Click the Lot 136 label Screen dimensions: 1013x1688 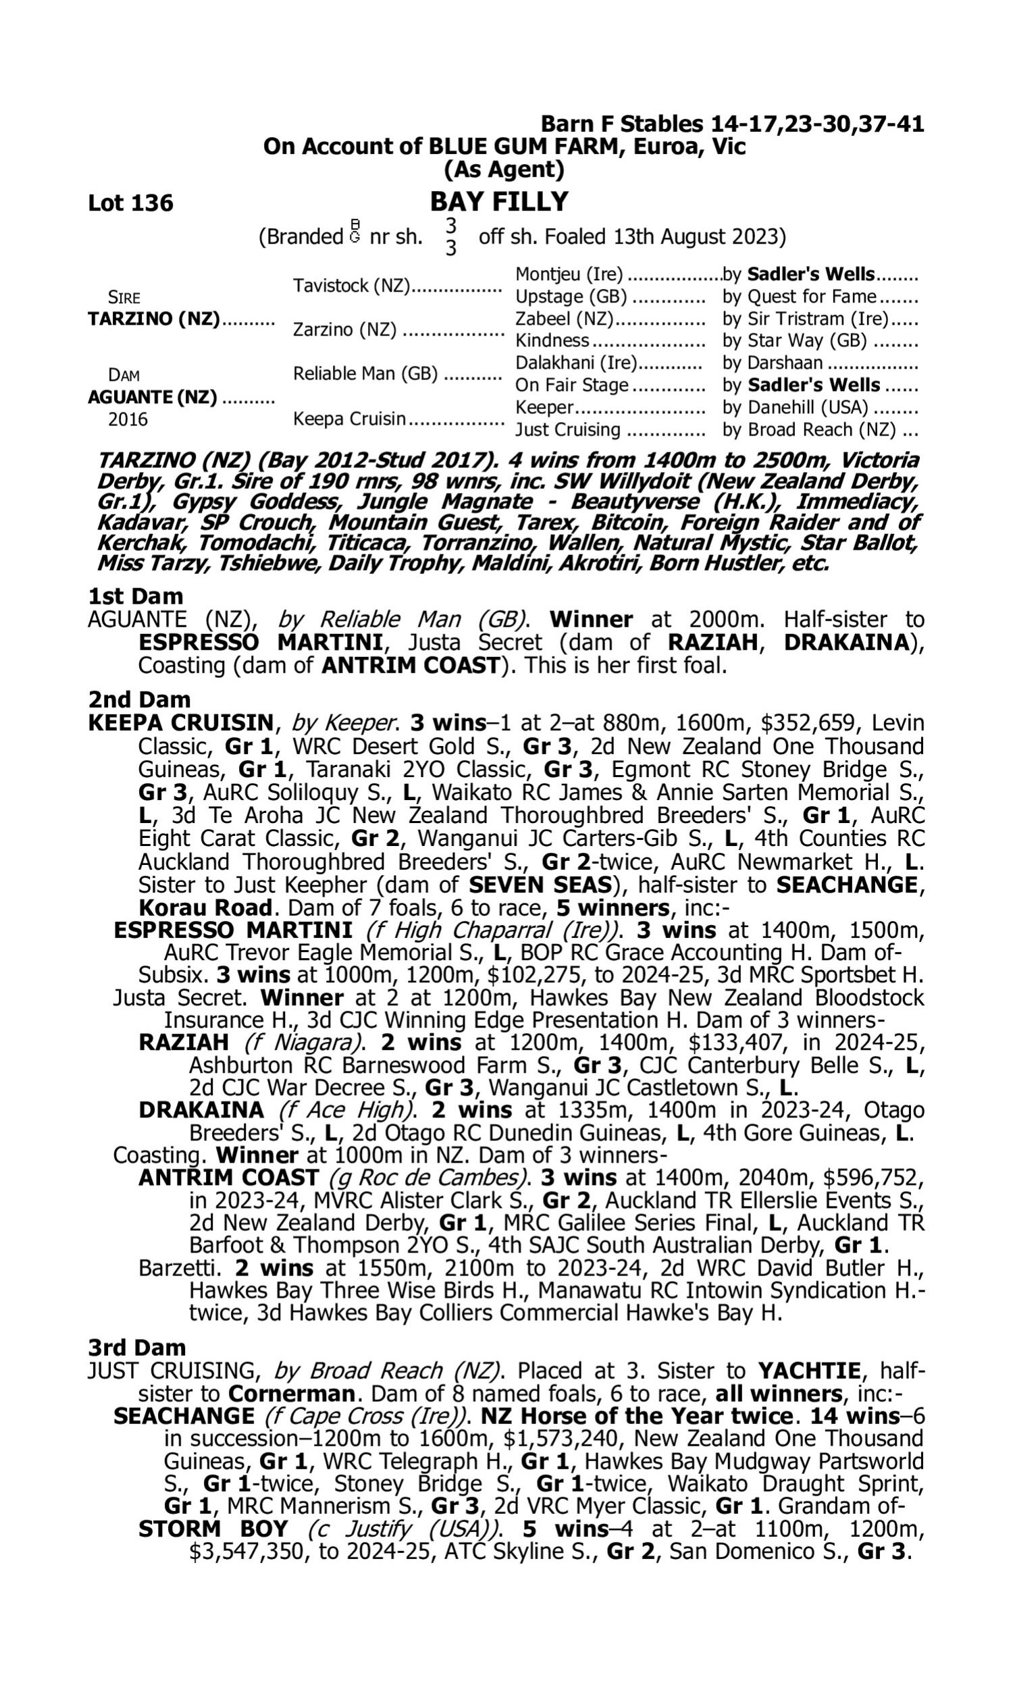tap(130, 203)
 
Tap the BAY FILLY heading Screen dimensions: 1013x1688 tap(499, 202)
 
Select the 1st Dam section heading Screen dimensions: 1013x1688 tap(136, 596)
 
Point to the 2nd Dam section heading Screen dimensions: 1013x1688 tap(139, 700)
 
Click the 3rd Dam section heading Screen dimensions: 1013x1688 tap(136, 1348)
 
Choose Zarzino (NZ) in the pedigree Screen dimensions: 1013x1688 tap(344, 330)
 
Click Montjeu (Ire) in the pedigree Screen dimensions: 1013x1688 tap(569, 275)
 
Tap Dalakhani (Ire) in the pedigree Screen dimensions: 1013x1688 tap(575, 363)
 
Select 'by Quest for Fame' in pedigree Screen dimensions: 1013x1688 tap(800, 297)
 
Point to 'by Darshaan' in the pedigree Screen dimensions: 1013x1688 tap(773, 363)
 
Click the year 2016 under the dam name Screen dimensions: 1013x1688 tap(128, 419)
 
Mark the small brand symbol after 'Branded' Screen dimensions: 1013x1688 tap(355, 232)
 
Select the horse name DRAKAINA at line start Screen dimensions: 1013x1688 tap(201, 1110)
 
